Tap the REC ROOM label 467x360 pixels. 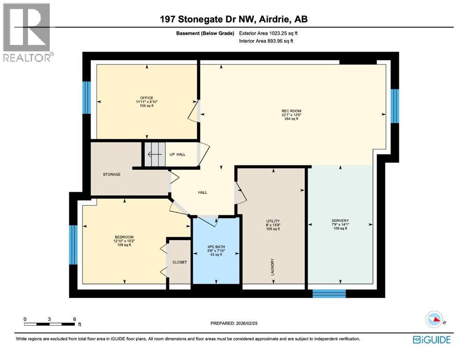coord(288,111)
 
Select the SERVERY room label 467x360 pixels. coord(340,221)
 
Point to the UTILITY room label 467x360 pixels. coord(273,221)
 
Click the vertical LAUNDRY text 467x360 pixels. coord(272,268)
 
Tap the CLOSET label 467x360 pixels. coord(179,262)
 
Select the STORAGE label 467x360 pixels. coord(112,174)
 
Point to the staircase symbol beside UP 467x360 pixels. coord(155,154)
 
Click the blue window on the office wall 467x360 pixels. coord(87,97)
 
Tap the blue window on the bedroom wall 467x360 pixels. coord(73,244)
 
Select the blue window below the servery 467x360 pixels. coord(329,293)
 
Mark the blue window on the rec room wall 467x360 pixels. coord(394,105)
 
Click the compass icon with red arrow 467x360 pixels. coord(434,320)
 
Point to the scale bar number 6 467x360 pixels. coord(74,319)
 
